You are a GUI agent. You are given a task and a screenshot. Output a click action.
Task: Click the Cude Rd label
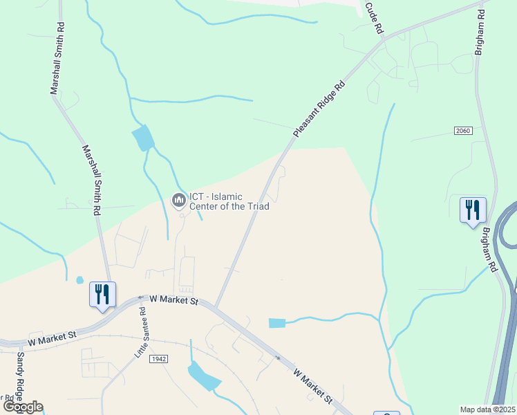(x=375, y=19)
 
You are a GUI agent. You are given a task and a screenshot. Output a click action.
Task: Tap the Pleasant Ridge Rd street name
(x=319, y=110)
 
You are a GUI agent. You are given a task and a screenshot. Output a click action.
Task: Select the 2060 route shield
(x=463, y=131)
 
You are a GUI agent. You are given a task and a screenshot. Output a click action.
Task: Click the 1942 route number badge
(x=158, y=358)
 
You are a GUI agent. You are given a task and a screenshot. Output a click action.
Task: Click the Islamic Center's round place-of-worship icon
(x=178, y=201)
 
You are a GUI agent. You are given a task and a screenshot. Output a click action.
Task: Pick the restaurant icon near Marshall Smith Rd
(x=102, y=294)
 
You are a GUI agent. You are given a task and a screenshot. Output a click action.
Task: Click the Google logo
(x=22, y=407)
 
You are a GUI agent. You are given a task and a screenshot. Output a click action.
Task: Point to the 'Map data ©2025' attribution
(x=487, y=409)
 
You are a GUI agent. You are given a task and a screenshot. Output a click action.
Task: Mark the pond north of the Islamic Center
(x=143, y=138)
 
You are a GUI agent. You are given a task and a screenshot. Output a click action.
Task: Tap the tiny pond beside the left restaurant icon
(x=79, y=280)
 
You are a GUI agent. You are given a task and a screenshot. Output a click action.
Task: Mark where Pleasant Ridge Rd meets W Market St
(x=216, y=307)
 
